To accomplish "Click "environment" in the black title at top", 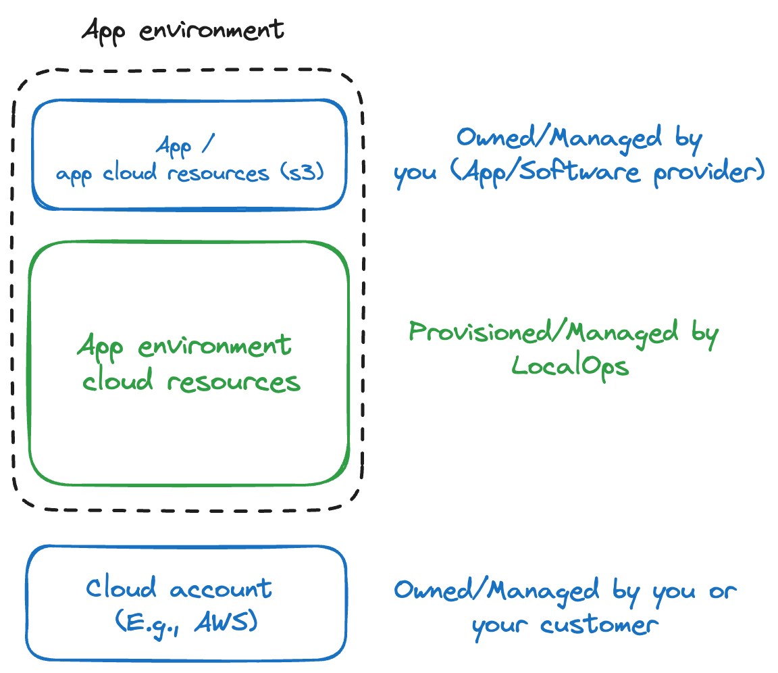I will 212,30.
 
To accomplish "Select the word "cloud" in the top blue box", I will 132,173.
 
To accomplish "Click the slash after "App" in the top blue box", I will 207,145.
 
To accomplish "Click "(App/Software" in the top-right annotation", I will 544,172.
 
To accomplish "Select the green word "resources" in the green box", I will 234,382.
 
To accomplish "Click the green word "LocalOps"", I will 569,366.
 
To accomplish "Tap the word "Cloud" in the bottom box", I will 121,588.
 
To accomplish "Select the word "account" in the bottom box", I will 221,589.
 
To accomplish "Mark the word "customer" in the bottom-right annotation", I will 599,624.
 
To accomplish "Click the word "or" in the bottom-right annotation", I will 721,591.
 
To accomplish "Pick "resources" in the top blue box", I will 218,173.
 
